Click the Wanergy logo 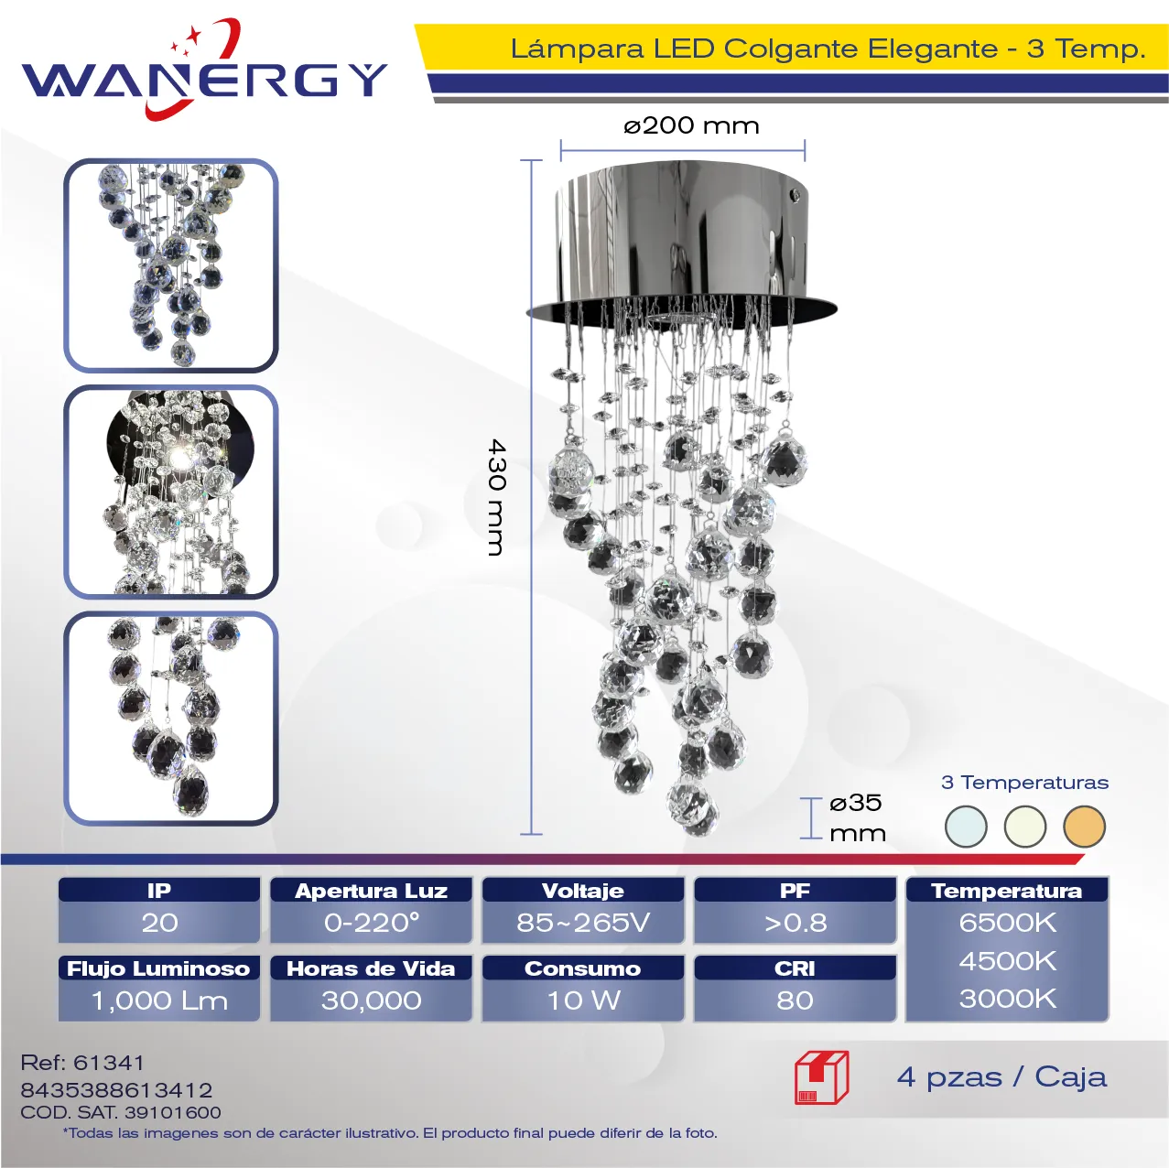[204, 70]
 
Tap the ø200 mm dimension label [691, 125]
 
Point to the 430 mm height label [496, 497]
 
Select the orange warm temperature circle [1084, 827]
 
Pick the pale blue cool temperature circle [966, 827]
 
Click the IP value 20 [159, 923]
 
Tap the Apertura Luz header [372, 890]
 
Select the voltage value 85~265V [583, 923]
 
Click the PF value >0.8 [796, 923]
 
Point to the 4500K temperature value [1008, 961]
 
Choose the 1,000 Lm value [159, 1000]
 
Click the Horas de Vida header [372, 968]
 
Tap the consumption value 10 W [584, 1000]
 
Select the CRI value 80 [795, 1000]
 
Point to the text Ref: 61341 [82, 1063]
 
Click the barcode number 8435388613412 [116, 1090]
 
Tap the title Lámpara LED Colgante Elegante [754, 49]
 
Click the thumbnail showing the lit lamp [171, 492]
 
